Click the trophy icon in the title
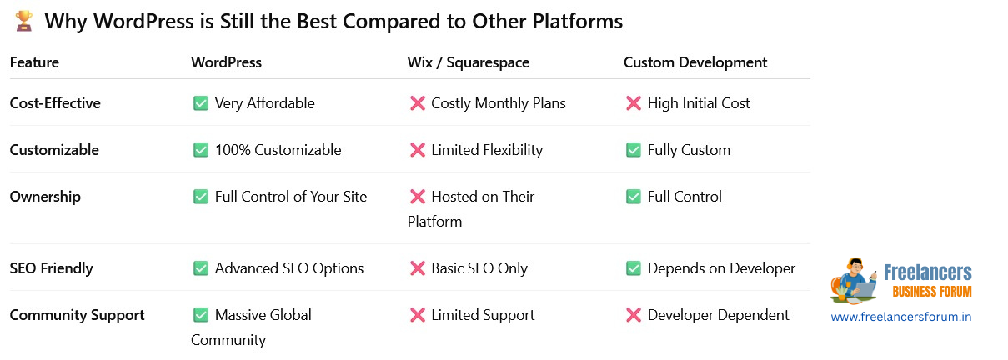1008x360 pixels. coord(23,21)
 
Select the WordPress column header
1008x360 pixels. coord(226,62)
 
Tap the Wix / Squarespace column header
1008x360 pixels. coord(468,62)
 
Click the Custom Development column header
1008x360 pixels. coord(695,62)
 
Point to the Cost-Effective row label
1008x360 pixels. coord(55,103)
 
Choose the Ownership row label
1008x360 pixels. coord(45,197)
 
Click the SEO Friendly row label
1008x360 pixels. coord(51,268)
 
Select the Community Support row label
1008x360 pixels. coord(77,315)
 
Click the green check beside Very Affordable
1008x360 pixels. coord(201,103)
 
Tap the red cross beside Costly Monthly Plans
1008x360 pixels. coord(418,103)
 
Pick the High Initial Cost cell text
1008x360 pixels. coord(699,103)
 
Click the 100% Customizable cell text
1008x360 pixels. coord(278,150)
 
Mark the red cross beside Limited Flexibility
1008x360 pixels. coord(418,150)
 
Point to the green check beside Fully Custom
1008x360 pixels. coord(634,150)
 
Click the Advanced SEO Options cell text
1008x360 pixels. coord(289,268)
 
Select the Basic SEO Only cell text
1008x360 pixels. coord(479,268)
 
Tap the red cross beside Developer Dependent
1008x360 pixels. coord(634,315)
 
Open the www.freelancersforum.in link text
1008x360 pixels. coord(901,317)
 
